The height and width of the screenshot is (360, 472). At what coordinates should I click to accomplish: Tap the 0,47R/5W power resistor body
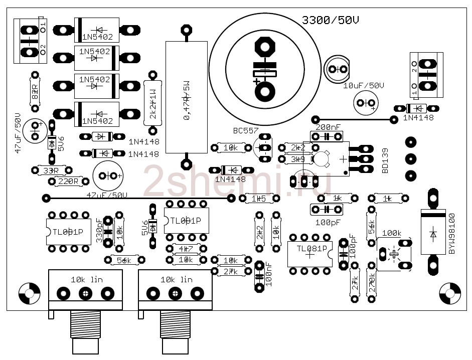pyautogui.click(x=186, y=97)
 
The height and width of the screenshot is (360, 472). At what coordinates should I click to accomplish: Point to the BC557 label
pyautogui.click(x=246, y=131)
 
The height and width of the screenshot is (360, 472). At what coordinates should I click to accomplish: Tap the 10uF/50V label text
pyautogui.click(x=364, y=86)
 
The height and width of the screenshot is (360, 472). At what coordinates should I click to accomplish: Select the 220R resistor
pyautogui.click(x=68, y=182)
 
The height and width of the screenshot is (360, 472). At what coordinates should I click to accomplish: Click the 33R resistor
pyautogui.click(x=50, y=171)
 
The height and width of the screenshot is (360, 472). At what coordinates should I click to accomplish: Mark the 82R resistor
pyautogui.click(x=35, y=91)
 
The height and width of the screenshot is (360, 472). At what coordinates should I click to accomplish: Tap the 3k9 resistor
pyautogui.click(x=297, y=159)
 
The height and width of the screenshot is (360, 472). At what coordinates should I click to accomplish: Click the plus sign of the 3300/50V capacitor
pyautogui.click(x=257, y=81)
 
